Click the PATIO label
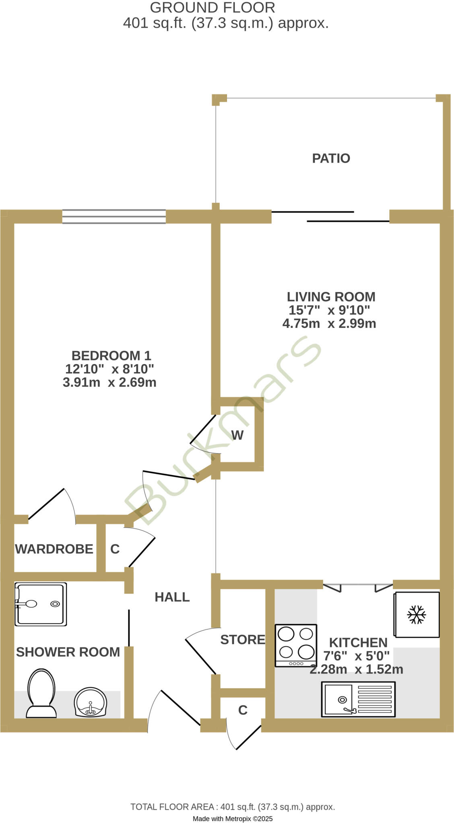tap(331, 158)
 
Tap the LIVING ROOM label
tap(331, 297)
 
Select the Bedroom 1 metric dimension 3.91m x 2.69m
tap(109, 382)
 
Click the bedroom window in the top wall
tap(114, 217)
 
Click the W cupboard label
tap(237, 435)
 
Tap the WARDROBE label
tap(54, 549)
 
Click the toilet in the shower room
tap(41, 693)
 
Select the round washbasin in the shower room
tap(91, 702)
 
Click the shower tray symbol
tap(41, 604)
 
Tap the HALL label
tap(172, 597)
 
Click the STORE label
tap(243, 640)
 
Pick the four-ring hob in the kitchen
tap(296, 645)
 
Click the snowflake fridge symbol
tap(417, 614)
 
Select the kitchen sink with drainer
tap(358, 699)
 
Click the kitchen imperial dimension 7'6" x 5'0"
tap(356, 656)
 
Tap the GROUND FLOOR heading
tap(213, 8)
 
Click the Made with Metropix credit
tap(233, 819)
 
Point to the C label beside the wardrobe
tap(115, 549)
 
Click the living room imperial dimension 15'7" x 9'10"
tap(329, 310)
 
